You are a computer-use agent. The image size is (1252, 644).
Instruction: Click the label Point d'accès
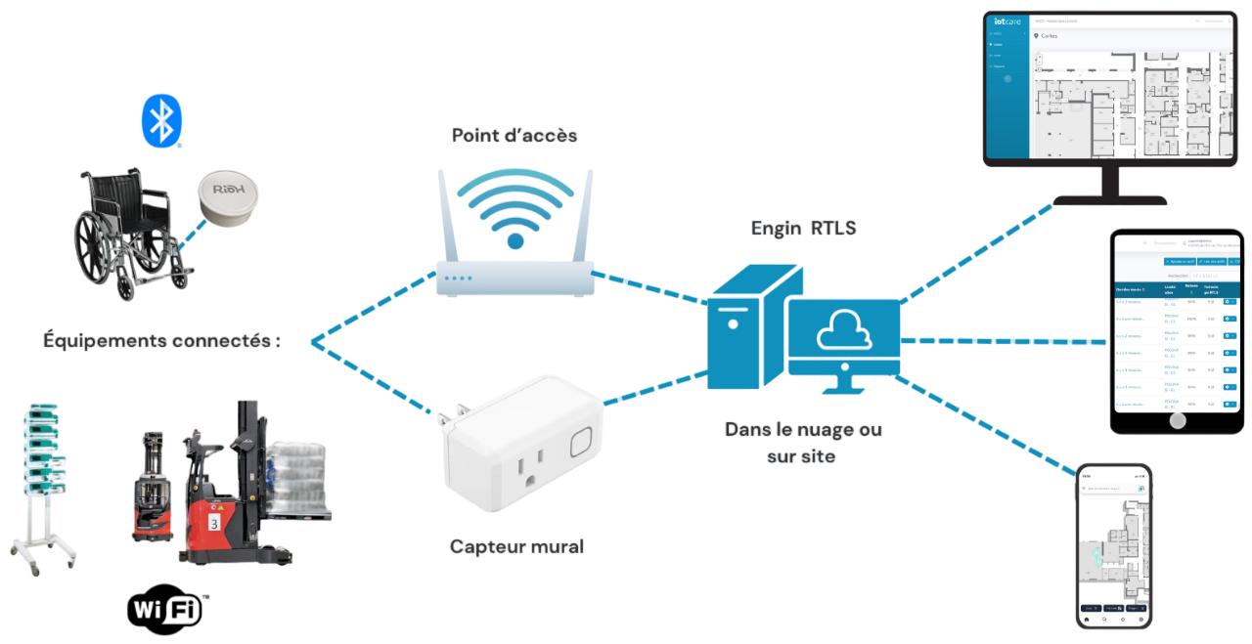(x=514, y=136)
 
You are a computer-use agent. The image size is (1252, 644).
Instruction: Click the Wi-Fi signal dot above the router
(x=515, y=239)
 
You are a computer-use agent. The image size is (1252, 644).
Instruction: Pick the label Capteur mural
(x=516, y=546)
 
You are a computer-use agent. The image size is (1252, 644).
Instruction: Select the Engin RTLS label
(x=805, y=228)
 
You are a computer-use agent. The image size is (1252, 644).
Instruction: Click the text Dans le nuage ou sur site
(x=802, y=442)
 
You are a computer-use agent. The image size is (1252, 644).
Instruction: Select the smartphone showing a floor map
(x=1114, y=545)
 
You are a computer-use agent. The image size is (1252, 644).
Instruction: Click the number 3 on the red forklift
(x=214, y=523)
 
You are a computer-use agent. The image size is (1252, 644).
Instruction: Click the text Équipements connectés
(x=162, y=341)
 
